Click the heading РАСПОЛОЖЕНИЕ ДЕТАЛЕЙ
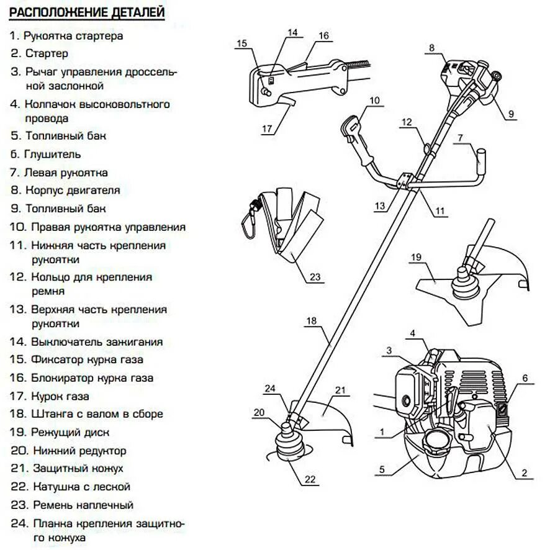[x=87, y=12]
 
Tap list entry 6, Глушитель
[x=45, y=153]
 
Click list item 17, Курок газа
[x=50, y=395]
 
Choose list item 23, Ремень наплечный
[x=71, y=505]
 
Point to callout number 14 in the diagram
[x=292, y=32]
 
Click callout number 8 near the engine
[x=431, y=47]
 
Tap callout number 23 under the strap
[x=315, y=277]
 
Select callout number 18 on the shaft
[x=312, y=321]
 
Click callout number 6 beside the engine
[x=524, y=377]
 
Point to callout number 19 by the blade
[x=416, y=256]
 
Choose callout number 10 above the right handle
[x=374, y=100]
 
